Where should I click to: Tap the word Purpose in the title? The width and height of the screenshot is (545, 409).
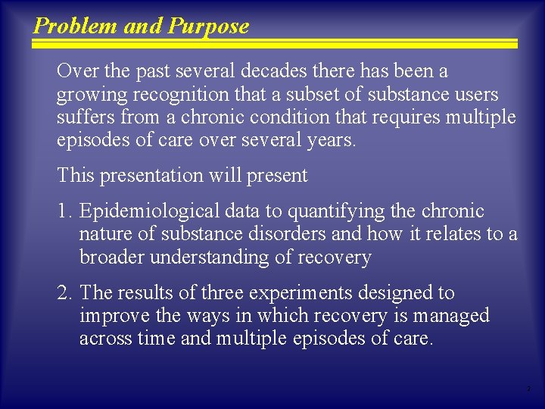point(208,27)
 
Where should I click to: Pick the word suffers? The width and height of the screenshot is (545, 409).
point(82,117)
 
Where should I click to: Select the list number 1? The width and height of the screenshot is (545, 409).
point(64,211)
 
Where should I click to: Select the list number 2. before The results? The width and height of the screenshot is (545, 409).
point(64,292)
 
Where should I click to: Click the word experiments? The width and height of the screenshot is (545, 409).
point(291,292)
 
